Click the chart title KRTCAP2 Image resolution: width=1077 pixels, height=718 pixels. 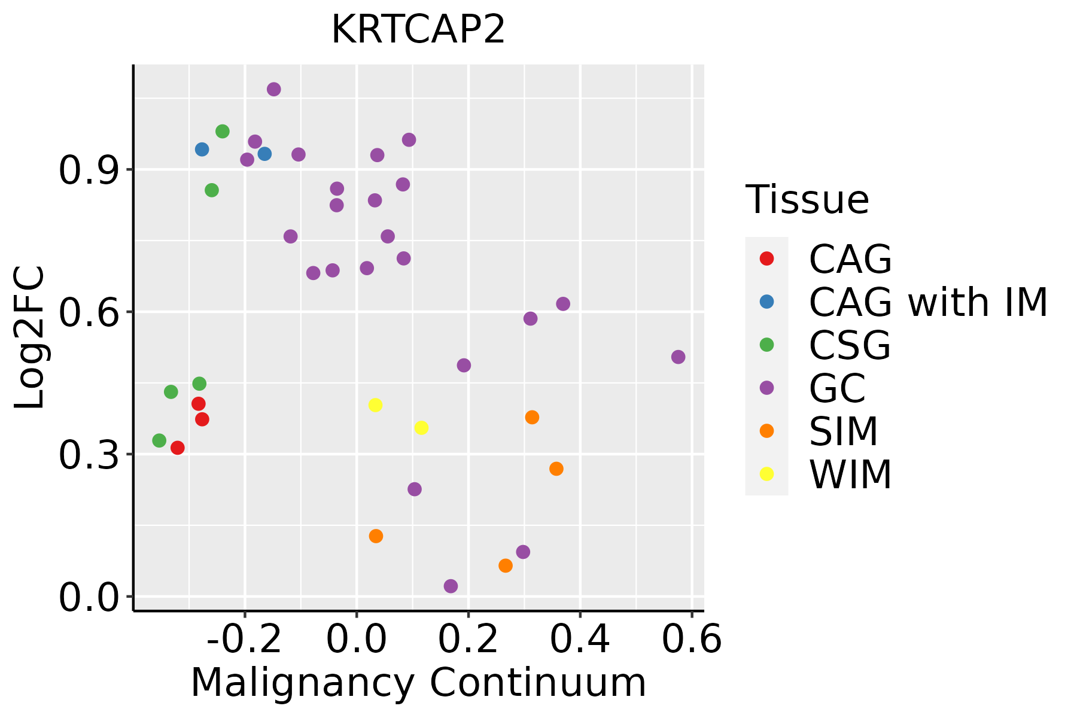coord(418,30)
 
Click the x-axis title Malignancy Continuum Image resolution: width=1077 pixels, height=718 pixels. coord(418,683)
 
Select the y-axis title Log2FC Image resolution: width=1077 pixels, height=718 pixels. coord(30,337)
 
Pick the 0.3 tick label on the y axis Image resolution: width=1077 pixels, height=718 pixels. coord(89,455)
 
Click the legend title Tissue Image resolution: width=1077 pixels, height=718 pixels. coord(807,200)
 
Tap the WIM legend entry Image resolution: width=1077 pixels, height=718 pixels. coord(850,474)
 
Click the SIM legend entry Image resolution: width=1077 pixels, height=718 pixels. coord(843,431)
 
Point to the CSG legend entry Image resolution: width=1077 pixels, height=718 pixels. coord(850,345)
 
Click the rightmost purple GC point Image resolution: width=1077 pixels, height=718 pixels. coord(678,357)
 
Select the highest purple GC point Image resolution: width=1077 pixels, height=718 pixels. coord(274,90)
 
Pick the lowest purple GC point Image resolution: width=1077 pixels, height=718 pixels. coord(451,586)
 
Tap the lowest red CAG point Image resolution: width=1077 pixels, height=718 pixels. coord(178,448)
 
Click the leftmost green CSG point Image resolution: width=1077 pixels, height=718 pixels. coord(159,440)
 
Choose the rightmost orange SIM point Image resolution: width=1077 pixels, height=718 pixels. coord(556,468)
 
